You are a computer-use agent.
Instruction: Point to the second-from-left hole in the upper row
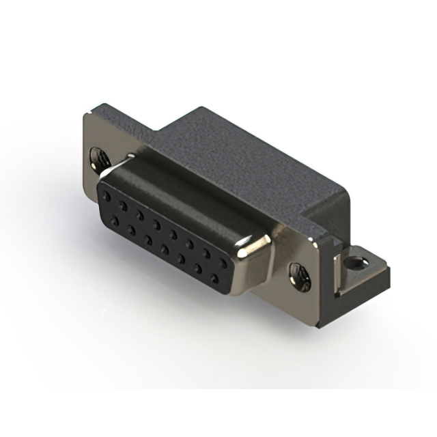[x=123, y=204]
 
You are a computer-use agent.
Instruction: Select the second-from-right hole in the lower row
[x=199, y=269]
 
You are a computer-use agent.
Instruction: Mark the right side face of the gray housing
[x=331, y=212]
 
